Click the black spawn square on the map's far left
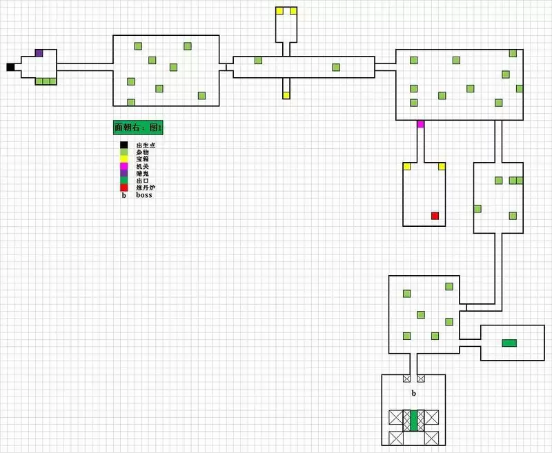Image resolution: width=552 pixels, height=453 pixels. point(10,67)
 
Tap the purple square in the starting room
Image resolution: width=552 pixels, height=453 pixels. point(39,53)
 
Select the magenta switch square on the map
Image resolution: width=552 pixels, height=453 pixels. point(420,124)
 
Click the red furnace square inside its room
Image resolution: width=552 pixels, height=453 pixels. point(435,216)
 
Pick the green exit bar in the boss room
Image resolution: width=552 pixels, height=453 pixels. point(414,421)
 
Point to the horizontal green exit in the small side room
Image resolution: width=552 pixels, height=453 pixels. point(509,343)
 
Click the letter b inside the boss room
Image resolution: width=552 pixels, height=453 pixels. point(414,393)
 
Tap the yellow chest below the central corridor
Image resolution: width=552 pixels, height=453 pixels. point(286,95)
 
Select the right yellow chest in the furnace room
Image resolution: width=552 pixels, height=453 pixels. point(442,166)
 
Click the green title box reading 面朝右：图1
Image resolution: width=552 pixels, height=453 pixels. point(138,128)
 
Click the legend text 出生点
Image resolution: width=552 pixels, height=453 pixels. point(145,145)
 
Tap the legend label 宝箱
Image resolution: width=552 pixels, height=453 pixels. point(142,159)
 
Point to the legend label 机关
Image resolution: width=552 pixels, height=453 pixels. point(142,166)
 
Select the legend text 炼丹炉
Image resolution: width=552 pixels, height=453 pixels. point(145,188)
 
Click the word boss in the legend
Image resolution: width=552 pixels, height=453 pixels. point(144,195)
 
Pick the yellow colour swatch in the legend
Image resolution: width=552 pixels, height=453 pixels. point(124,159)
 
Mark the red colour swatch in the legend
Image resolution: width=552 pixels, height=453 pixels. point(124,188)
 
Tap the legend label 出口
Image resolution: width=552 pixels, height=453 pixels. point(142,181)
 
